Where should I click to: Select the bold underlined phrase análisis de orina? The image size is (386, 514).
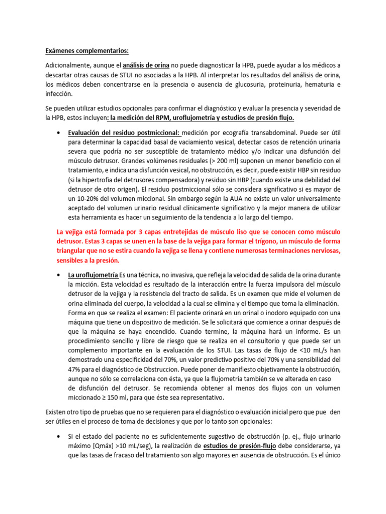[x=147, y=65]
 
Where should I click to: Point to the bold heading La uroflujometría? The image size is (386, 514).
[x=93, y=275]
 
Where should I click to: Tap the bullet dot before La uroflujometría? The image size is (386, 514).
[x=60, y=275]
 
